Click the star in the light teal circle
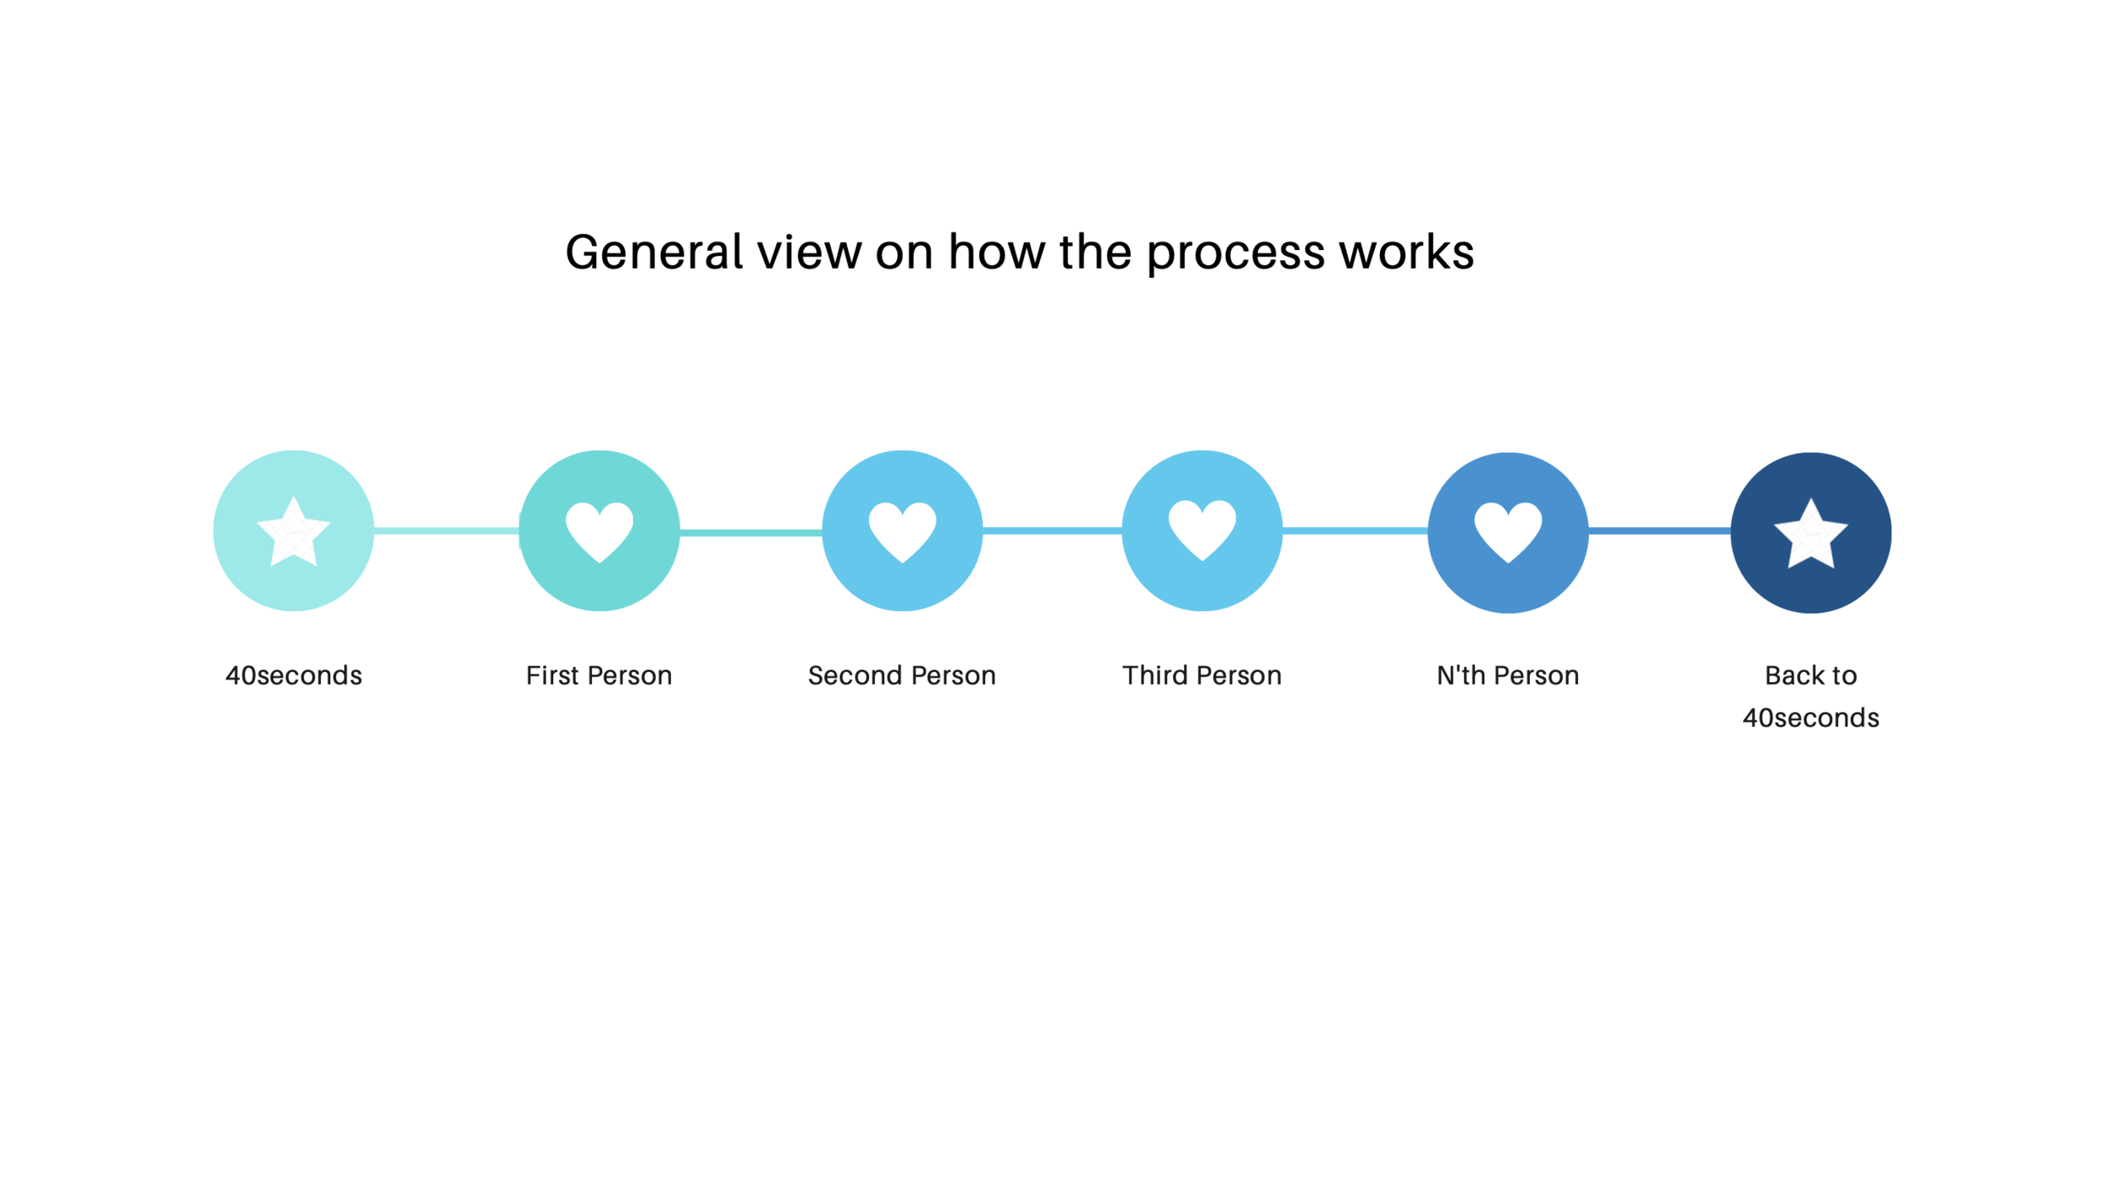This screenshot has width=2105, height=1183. point(293,532)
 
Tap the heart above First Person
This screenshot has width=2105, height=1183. point(599,530)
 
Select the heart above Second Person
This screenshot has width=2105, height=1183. point(902,530)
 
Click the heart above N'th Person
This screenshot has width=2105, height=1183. point(1507,530)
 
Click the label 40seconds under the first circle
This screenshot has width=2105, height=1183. point(293,675)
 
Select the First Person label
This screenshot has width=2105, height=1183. point(599,675)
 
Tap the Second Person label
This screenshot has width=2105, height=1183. point(902,675)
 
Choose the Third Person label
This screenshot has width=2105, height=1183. point(1202,675)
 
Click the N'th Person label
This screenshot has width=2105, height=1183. point(1507,675)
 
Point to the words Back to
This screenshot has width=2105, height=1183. point(1810,675)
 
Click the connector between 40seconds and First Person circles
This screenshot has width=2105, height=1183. point(446,530)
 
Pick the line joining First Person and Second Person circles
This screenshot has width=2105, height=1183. point(750,532)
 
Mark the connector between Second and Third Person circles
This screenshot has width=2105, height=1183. point(1052,530)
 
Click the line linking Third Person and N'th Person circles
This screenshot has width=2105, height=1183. point(1355,530)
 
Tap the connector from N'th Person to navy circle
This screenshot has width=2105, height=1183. point(1659,530)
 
